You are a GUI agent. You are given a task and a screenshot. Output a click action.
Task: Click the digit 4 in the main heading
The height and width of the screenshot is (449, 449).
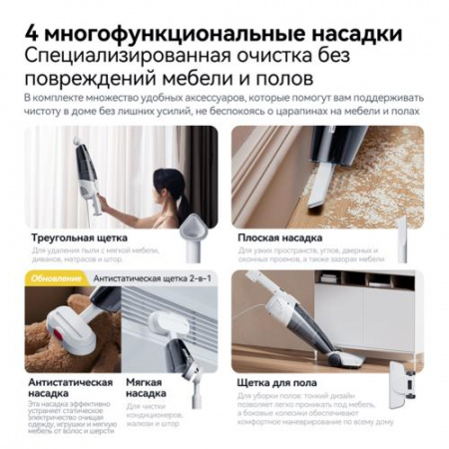point(30,32)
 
